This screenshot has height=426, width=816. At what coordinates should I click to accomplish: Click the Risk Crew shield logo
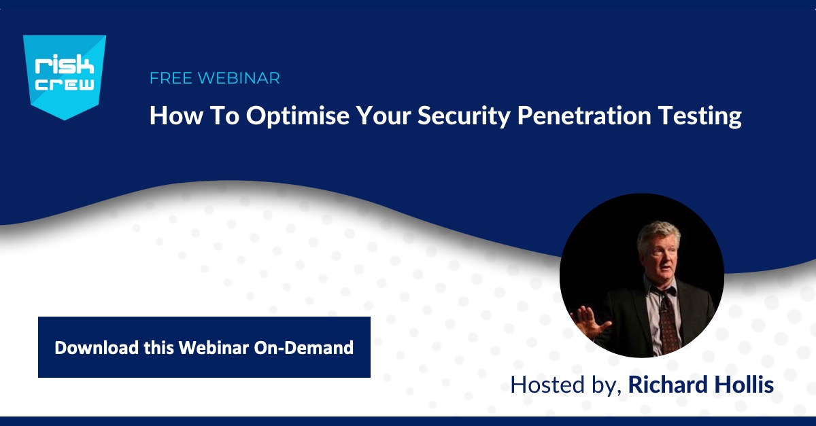(65, 77)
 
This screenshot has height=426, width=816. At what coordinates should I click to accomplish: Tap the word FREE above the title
(171, 78)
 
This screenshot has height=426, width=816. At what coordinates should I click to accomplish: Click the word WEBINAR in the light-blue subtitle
(239, 78)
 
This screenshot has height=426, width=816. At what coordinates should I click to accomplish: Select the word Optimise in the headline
(298, 116)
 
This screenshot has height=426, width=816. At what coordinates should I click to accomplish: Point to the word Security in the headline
(464, 116)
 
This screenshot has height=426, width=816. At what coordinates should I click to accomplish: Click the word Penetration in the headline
(584, 116)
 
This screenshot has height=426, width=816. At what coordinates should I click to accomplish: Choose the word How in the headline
(176, 116)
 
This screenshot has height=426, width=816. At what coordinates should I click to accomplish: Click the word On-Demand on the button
(303, 348)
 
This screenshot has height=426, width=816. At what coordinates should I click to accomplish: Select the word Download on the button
(97, 348)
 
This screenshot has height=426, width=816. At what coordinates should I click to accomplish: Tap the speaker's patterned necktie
(669, 324)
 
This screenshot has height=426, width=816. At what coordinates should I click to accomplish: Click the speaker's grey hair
(658, 234)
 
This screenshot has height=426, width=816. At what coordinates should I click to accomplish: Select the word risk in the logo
(64, 65)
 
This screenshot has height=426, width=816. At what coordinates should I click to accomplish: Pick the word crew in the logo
(65, 84)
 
